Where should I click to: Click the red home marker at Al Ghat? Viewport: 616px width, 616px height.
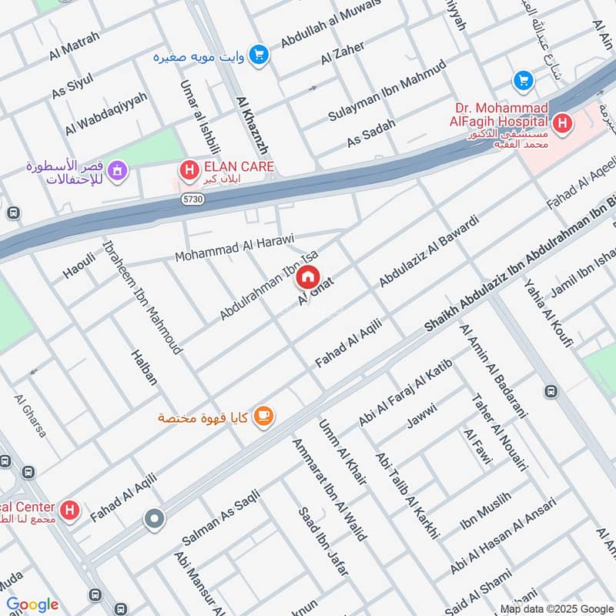(308, 276)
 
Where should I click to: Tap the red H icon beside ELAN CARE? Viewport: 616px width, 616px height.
(187, 166)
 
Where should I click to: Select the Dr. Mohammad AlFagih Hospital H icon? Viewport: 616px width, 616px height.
(562, 122)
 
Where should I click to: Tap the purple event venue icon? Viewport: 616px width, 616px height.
(117, 169)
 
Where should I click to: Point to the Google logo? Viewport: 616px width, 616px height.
(32, 604)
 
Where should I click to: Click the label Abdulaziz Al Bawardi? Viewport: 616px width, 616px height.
(429, 251)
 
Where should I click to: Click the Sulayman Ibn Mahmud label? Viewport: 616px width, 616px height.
(387, 90)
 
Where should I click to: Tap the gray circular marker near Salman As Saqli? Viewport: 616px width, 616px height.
(155, 520)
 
